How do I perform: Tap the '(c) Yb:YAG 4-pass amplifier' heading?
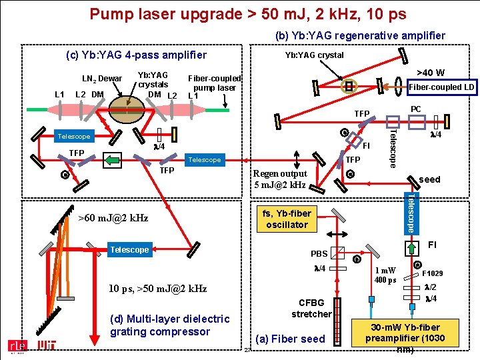pos(136,55)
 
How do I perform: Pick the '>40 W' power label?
pos(430,73)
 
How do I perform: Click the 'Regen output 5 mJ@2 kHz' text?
pos(279,179)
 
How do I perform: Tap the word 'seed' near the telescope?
pos(429,179)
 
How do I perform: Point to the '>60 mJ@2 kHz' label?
pos(113,218)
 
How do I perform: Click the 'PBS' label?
pos(319,253)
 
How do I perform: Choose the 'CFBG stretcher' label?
pos(311,308)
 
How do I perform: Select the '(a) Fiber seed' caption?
pos(290,339)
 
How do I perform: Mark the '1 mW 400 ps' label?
pos(385,275)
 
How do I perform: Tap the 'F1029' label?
pos(433,273)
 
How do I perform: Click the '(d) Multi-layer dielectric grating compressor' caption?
pos(169,325)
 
